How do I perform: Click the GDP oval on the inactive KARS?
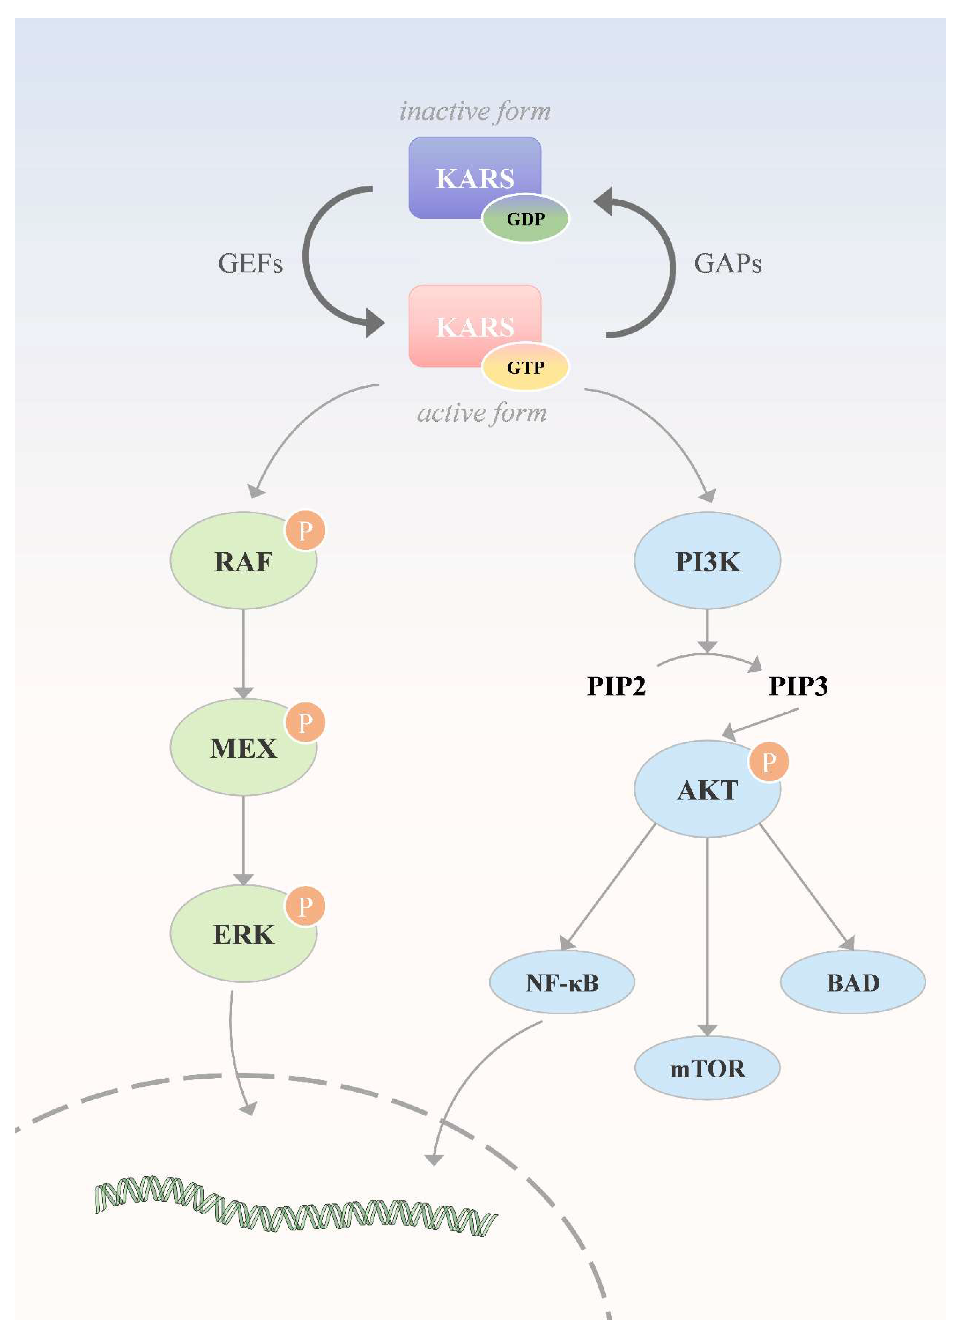[x=525, y=219]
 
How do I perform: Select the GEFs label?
[x=250, y=264]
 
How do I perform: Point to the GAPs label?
[x=728, y=264]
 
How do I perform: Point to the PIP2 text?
[x=616, y=686]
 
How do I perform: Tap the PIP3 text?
[x=798, y=686]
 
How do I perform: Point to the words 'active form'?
[x=481, y=413]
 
